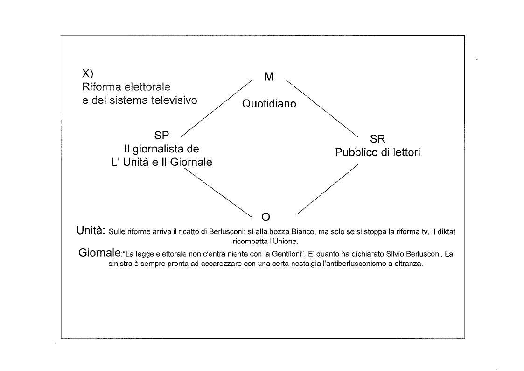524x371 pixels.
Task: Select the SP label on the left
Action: click(x=161, y=136)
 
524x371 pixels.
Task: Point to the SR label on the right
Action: click(x=377, y=139)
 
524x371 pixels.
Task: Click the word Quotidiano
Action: click(x=269, y=104)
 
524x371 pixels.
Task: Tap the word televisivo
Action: click(x=177, y=100)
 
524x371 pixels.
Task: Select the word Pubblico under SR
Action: click(x=356, y=153)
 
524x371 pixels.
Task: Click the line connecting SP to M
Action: click(x=216, y=108)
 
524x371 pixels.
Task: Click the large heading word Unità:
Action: click(x=91, y=230)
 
